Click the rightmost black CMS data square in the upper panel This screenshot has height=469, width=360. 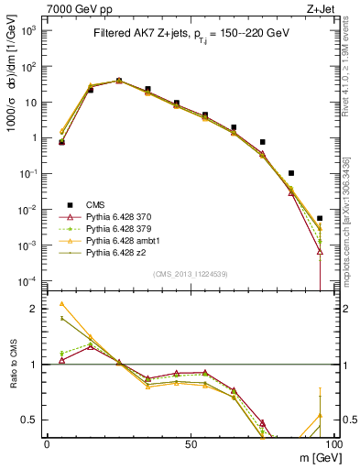320,219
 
